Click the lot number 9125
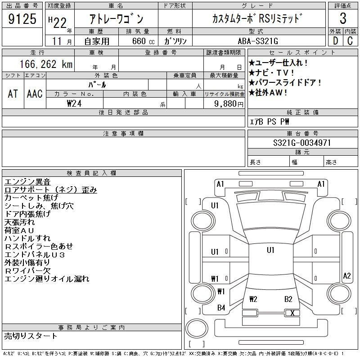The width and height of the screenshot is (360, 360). (x=23, y=19)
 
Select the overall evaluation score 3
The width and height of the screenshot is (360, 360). (x=343, y=19)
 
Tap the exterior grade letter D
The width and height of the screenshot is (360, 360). (x=335, y=40)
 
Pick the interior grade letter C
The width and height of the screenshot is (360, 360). (x=350, y=40)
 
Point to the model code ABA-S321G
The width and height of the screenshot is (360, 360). (x=258, y=41)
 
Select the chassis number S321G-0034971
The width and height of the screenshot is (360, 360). (x=302, y=143)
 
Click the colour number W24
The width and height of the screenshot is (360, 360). (x=75, y=103)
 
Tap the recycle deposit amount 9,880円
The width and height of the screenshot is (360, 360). (x=230, y=103)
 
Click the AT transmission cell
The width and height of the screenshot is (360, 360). (x=13, y=94)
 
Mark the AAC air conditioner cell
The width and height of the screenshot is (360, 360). (x=35, y=94)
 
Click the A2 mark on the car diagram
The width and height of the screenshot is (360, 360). (x=346, y=276)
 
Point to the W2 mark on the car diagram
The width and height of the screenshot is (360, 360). (x=253, y=299)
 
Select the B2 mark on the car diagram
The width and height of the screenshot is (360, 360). (x=288, y=299)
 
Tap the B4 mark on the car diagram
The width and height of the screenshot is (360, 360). (x=221, y=308)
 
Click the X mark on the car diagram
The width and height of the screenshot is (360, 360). (x=292, y=313)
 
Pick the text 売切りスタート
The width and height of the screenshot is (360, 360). (x=31, y=336)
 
